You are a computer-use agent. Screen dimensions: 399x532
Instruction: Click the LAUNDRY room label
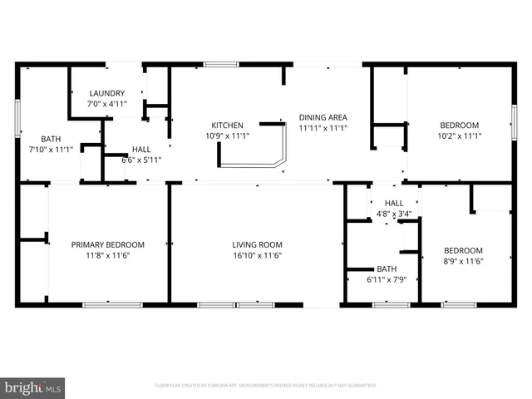click(x=106, y=93)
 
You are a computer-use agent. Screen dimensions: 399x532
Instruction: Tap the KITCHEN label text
click(x=227, y=126)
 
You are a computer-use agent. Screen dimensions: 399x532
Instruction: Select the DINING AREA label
click(x=323, y=117)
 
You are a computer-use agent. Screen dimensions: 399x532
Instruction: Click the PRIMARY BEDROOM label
click(x=107, y=244)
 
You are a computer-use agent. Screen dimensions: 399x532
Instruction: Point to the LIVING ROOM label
click(x=257, y=244)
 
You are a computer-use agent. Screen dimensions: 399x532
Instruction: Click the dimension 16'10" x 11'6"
click(x=257, y=255)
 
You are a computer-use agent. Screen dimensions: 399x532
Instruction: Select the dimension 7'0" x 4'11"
click(x=106, y=104)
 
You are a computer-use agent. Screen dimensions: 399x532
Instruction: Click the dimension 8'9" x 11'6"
click(x=462, y=261)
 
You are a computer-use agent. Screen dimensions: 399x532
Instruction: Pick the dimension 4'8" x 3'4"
click(x=393, y=214)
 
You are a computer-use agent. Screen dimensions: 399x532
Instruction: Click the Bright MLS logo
click(x=33, y=387)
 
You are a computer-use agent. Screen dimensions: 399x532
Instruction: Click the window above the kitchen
click(x=220, y=64)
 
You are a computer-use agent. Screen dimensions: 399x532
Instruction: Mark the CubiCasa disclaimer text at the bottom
click(x=266, y=386)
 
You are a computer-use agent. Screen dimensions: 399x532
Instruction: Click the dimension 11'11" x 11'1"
click(x=323, y=128)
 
